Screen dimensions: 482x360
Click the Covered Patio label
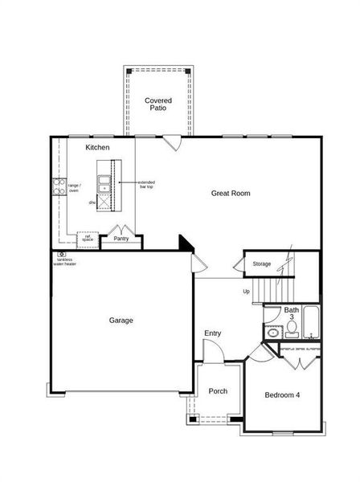click(157, 104)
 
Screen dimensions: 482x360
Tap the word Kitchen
click(97, 148)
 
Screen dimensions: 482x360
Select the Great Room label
click(231, 193)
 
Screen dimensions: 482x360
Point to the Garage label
click(121, 320)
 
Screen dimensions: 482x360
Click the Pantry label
click(121, 239)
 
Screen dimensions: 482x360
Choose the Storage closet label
click(262, 263)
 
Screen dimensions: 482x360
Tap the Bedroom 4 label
click(283, 394)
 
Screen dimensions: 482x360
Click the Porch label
click(218, 391)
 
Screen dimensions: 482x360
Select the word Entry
click(213, 333)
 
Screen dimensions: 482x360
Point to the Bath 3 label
click(291, 313)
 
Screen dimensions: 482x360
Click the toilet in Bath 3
click(273, 332)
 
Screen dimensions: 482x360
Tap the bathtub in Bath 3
click(309, 324)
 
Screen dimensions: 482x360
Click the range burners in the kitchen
click(59, 187)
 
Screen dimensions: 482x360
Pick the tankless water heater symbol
click(60, 255)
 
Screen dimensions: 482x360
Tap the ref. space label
click(87, 238)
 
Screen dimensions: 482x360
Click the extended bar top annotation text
click(146, 184)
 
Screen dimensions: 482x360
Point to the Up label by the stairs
click(246, 291)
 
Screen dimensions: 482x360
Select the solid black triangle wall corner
click(184, 242)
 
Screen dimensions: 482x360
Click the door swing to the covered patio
click(172, 143)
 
